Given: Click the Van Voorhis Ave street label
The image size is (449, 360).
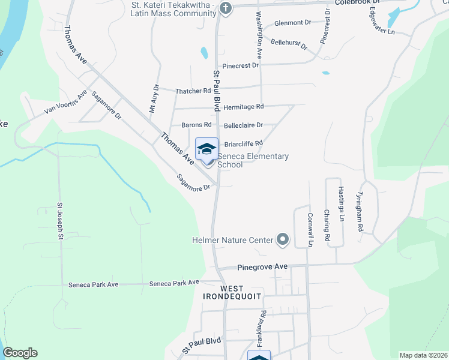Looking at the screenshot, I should point(65,103).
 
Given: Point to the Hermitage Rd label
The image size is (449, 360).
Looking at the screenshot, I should point(243,106).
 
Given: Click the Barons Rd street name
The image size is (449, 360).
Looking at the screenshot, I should point(197,125).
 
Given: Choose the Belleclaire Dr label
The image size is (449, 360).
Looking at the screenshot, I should point(243,125).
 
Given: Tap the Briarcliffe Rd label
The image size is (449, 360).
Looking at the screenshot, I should point(243,143).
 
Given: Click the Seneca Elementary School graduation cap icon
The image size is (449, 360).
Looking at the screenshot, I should point(206,149).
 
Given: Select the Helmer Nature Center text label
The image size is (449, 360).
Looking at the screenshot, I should point(232,241).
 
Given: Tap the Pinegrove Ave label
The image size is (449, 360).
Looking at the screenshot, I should point(262,266).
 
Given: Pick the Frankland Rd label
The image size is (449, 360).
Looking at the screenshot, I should point(262,329).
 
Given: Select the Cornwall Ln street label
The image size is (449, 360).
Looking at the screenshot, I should point(310,230).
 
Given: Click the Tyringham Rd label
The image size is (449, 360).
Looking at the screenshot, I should point(360,212).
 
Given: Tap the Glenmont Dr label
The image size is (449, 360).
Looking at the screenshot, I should point(292,22).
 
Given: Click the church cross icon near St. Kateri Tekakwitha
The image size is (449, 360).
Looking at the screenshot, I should point(225,8).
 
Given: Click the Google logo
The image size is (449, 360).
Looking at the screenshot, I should point(20,353).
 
